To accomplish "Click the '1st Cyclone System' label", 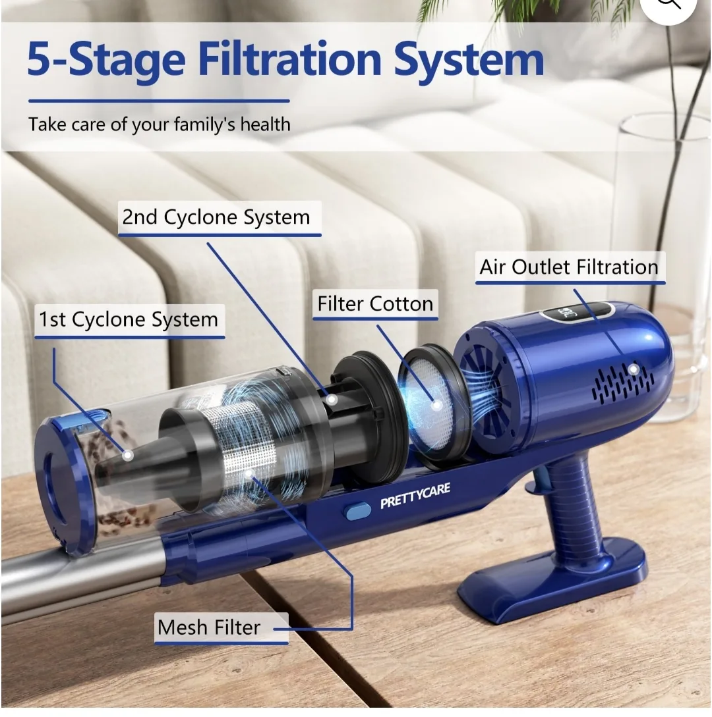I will pyautogui.click(x=128, y=320).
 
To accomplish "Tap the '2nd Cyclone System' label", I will pyautogui.click(x=216, y=217).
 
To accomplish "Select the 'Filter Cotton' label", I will pyautogui.click(x=375, y=304).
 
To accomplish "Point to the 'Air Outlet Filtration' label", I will pyautogui.click(x=569, y=267).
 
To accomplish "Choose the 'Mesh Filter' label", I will pyautogui.click(x=208, y=627).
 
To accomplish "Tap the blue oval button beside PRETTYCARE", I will pyautogui.click(x=359, y=511).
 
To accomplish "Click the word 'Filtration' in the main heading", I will pyautogui.click(x=289, y=60).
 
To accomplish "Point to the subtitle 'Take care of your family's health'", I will pyautogui.click(x=159, y=124).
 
